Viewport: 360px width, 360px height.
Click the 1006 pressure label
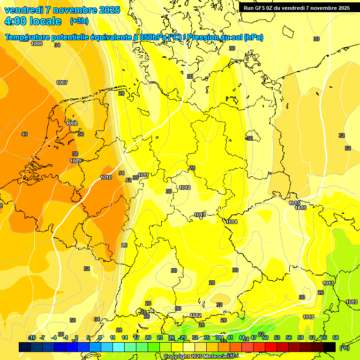click(37, 44)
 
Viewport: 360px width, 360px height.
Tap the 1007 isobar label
click(62, 82)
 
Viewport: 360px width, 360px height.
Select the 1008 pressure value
click(72, 123)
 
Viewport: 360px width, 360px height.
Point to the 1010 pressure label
click(106, 178)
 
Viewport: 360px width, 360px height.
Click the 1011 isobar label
click(143, 175)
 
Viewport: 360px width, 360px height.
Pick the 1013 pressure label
click(200, 215)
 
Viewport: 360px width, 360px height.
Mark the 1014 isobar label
click(232, 222)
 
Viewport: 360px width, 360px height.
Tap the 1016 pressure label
click(301, 208)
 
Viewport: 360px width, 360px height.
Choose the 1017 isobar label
click(328, 283)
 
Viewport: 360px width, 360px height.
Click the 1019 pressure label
click(352, 302)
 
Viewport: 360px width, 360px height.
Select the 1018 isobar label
click(308, 317)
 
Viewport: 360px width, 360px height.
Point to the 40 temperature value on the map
click(24, 135)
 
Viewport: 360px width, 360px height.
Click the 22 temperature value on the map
click(261, 334)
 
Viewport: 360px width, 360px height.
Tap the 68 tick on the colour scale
click(336, 337)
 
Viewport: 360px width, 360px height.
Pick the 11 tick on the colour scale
click(112, 337)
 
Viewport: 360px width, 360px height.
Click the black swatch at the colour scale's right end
click(330, 347)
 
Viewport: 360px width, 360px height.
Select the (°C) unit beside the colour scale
click(344, 347)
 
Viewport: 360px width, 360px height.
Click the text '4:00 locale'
click(33, 21)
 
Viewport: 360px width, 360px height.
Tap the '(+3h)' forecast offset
click(79, 21)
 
